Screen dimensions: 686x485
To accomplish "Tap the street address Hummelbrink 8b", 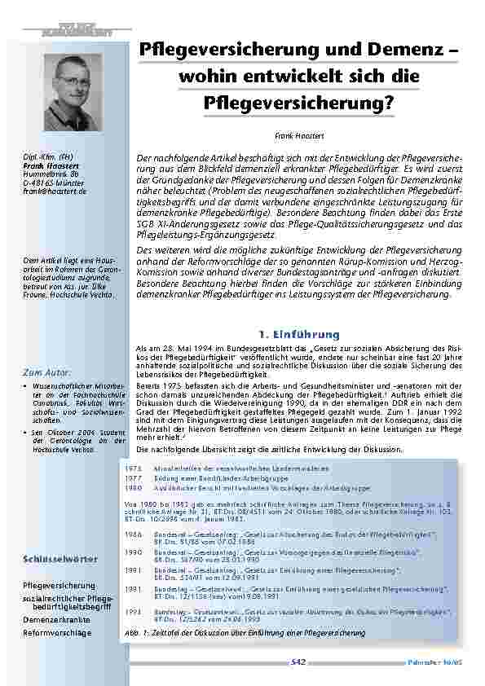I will [50, 174].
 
